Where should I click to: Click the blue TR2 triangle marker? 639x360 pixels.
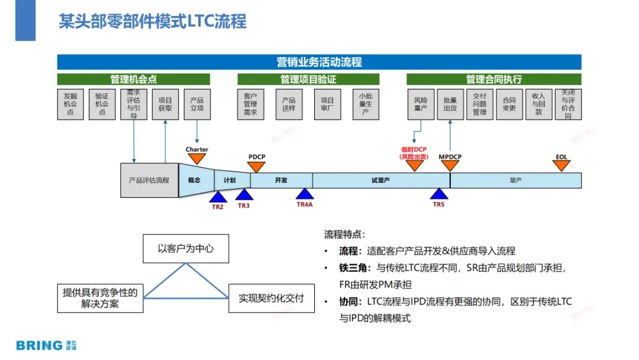click(x=218, y=196)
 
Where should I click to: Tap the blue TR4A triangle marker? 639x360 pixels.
click(x=304, y=194)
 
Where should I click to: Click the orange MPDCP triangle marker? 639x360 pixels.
click(x=450, y=166)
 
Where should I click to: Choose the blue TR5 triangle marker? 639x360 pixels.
click(x=438, y=194)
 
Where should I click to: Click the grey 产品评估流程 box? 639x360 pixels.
click(x=149, y=180)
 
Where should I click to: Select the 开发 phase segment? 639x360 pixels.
click(x=281, y=180)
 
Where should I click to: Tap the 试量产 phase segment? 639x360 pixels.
click(x=380, y=180)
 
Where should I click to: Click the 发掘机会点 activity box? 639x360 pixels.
click(x=70, y=104)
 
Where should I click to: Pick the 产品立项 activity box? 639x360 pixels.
click(x=197, y=104)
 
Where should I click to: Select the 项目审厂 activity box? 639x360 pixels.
click(x=327, y=104)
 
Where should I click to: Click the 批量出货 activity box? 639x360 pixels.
click(x=450, y=104)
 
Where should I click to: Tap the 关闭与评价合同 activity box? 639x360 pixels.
click(x=568, y=104)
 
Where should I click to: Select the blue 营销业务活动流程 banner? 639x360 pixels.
click(x=319, y=62)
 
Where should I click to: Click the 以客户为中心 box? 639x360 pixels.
click(x=186, y=249)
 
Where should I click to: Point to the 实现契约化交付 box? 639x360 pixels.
click(x=271, y=298)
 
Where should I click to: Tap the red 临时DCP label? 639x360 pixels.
click(x=414, y=150)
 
